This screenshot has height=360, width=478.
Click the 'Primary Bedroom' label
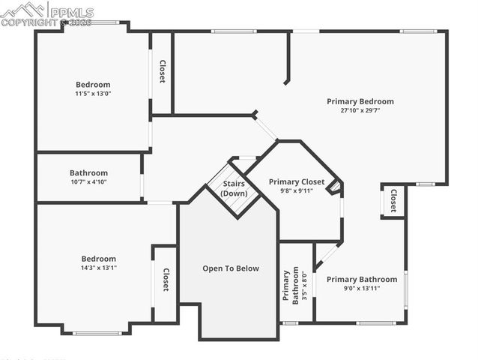point(360,101)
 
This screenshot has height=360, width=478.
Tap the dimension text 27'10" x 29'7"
point(360,110)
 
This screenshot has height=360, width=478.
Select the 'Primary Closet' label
point(297,181)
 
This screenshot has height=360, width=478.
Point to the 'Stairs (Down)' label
point(234,188)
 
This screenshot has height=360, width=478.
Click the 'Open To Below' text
point(231,268)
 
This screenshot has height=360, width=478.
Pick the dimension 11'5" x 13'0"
point(93,94)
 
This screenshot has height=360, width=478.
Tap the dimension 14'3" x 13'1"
point(99,268)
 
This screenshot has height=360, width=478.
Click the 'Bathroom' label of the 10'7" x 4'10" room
point(88,172)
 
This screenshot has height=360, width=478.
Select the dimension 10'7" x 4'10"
point(88,181)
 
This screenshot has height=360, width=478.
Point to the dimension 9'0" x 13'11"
point(362,288)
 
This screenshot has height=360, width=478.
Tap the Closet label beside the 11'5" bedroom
point(162,71)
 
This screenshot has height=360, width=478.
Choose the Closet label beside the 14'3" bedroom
point(166,280)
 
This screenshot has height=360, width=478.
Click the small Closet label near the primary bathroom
point(393,200)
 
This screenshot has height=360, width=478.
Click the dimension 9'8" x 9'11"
point(297,190)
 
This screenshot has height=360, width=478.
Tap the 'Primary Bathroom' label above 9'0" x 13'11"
point(362,279)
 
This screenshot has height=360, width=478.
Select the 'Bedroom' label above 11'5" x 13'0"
point(93,85)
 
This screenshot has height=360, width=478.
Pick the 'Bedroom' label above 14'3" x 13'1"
point(99,259)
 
